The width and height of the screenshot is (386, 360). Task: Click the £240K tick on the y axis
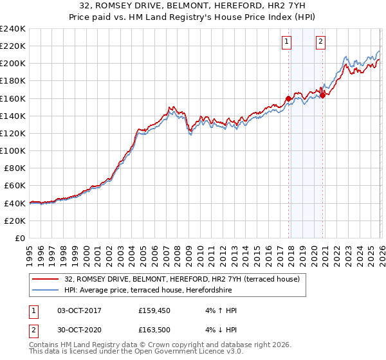[14, 29]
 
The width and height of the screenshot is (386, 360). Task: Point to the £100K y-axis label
[14, 150]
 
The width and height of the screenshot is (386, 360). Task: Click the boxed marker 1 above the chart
[286, 42]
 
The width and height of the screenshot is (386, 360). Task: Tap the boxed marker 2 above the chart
[320, 42]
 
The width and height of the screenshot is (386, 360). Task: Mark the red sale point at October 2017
[288, 99]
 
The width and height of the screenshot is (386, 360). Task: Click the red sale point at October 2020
[323, 95]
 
